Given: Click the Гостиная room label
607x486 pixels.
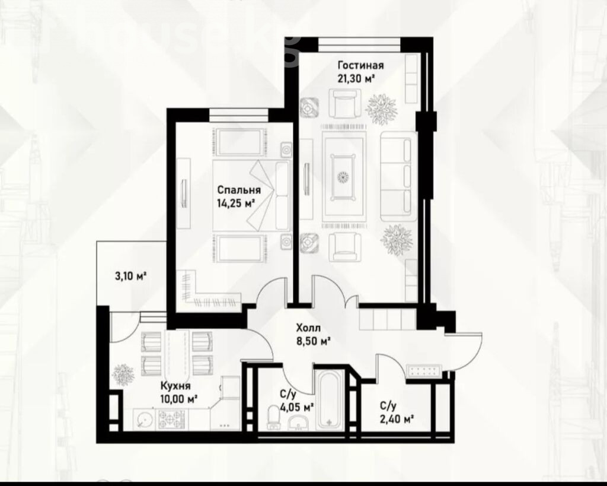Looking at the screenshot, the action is coord(360,65).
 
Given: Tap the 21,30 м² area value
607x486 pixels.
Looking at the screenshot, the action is coord(356,79).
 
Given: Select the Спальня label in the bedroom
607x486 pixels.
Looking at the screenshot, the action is coord(239,190).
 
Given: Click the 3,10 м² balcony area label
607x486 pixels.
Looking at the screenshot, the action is coord(130,277).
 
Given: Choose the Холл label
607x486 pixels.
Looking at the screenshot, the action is coord(308,329).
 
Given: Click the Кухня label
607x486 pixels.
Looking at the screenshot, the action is coord(175,386).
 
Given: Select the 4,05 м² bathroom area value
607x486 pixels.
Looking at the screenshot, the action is coord(297,407).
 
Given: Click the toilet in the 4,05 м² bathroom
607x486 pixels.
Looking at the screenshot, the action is coord(274,418).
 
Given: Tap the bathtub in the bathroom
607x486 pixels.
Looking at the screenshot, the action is coord(330,399).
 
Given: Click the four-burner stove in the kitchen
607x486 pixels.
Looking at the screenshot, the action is coord(170,420).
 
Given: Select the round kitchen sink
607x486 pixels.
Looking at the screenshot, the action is coord(144,419).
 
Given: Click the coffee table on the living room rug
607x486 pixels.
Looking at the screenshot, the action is coord(343,177).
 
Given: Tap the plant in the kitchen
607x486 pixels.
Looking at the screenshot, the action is coord(123,374).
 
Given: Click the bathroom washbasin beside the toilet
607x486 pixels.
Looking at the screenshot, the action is coord(298,423).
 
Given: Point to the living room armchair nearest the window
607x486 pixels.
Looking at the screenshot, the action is coord(345,103).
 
